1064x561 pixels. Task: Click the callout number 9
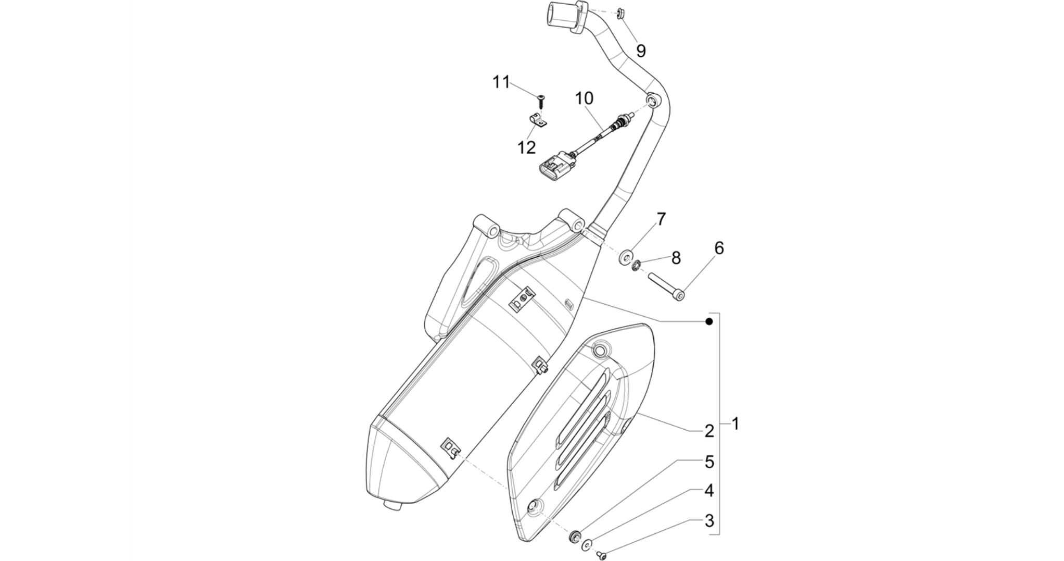[x=641, y=51]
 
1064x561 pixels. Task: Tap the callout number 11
[x=501, y=82]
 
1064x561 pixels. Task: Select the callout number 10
[x=584, y=98]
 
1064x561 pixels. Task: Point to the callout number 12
[x=526, y=147]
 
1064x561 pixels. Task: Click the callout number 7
[x=661, y=219]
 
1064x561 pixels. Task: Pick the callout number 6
[x=719, y=248]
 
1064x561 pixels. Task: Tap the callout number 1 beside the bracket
[x=735, y=423]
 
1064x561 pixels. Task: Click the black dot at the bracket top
[x=709, y=322]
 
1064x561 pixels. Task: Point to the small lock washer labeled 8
[x=635, y=267]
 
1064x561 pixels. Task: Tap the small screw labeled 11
[x=542, y=100]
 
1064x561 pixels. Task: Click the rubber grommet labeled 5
[x=575, y=535]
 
